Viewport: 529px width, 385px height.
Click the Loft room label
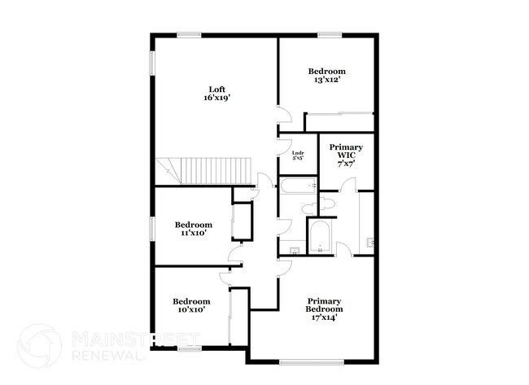216,90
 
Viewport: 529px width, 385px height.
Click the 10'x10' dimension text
191,309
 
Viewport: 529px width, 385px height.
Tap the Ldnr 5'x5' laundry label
299,155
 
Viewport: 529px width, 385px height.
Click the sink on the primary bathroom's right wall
371,242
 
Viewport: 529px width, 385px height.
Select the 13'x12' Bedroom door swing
284,117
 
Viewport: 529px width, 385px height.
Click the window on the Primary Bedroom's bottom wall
303,361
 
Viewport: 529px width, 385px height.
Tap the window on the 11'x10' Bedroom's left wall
151,229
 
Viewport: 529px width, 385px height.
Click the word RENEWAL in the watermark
104,356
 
